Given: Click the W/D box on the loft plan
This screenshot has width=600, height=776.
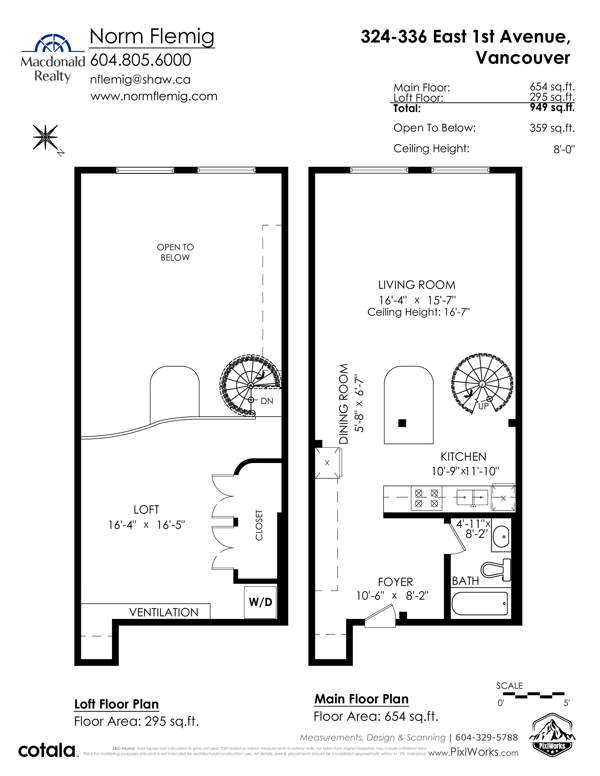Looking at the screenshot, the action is click(260, 602).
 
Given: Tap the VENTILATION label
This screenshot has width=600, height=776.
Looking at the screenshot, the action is click(164, 612).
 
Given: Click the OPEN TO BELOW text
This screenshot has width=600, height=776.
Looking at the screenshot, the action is click(175, 252).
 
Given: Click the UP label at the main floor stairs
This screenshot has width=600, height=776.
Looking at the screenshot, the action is click(484, 406).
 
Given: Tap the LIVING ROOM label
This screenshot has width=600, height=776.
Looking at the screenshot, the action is click(416, 285).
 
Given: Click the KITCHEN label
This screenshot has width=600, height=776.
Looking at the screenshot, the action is click(464, 457).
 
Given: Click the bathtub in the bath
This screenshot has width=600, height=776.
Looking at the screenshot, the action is click(480, 603).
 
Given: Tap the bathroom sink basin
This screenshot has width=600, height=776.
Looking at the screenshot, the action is click(501, 537).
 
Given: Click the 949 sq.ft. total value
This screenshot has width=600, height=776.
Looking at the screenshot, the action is click(552, 107).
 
